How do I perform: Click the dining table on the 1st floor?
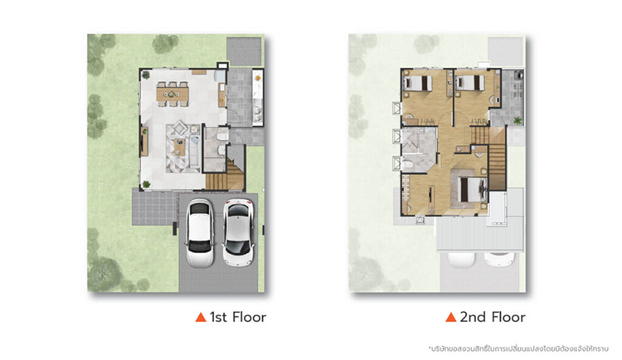coord(173,95)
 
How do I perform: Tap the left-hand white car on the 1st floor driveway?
coord(200,232)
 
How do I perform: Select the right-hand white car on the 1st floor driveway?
coord(238,232)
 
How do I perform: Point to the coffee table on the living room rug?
coord(179,147)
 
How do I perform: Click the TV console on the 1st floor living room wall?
coord(144,141)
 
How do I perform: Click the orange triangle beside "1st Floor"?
coord(201,317)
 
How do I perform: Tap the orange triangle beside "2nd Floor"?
coord(450,317)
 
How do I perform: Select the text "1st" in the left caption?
coord(218,317)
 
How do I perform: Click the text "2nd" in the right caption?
coord(473,317)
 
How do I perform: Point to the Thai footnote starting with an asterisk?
coord(518,349)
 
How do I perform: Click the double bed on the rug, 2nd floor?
coord(473,190)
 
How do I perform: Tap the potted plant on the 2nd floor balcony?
coord(518,120)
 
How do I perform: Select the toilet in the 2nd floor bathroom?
coord(408,163)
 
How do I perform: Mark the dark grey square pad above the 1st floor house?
coord(244,51)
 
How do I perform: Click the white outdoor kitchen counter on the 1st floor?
coord(258,98)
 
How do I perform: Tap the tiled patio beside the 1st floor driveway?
coord(155,208)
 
